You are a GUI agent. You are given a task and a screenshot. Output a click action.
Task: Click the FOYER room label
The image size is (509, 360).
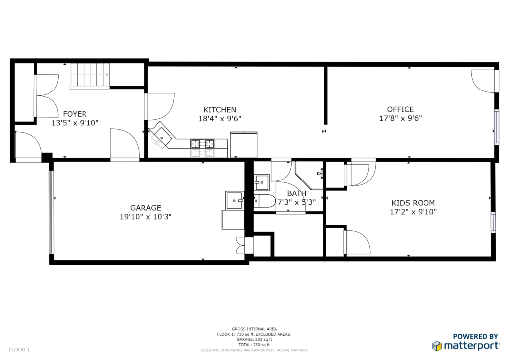(x=75, y=114)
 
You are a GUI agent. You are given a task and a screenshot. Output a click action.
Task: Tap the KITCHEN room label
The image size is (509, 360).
(x=220, y=110)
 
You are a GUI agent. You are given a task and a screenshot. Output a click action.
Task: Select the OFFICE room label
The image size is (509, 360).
(x=400, y=110)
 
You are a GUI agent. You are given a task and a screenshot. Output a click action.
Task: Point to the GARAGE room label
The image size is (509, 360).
(x=146, y=208)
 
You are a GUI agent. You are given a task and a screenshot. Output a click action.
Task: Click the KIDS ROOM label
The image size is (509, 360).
(x=413, y=203)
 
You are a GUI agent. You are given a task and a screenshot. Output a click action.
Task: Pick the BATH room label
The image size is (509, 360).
(x=296, y=194)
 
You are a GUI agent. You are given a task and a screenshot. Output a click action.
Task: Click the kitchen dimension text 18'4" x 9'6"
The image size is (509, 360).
(x=220, y=119)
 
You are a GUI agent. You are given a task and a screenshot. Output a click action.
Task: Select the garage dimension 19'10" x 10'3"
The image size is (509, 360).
(x=146, y=217)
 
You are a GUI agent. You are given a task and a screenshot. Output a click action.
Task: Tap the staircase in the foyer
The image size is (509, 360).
(x=90, y=76)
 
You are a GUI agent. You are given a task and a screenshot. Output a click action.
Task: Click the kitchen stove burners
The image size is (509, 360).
(x=203, y=144)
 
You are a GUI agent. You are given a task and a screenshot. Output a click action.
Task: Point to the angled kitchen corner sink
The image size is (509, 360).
(x=162, y=137)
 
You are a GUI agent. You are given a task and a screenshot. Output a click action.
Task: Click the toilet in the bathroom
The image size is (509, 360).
(x=264, y=201)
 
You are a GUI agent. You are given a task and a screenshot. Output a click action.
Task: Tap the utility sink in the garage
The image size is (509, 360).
(x=234, y=200)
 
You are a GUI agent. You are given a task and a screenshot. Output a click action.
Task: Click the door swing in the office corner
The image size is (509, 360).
(x=483, y=81)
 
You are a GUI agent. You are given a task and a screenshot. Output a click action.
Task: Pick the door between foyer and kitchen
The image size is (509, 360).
(x=161, y=106)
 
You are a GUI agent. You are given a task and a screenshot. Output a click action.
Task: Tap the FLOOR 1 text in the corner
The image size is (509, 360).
(x=19, y=350)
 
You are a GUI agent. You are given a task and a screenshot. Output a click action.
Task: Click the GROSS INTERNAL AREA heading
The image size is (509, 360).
(x=254, y=329)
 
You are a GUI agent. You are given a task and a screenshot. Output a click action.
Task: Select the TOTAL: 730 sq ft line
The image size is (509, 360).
(x=254, y=345)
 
